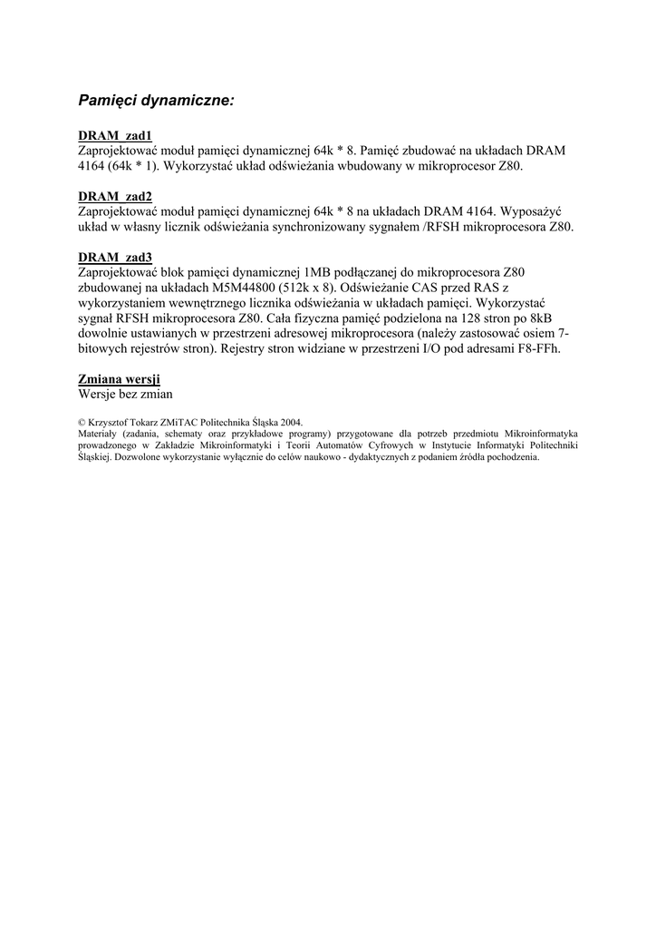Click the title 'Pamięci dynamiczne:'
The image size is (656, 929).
click(x=156, y=100)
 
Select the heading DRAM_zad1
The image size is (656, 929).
click(x=115, y=136)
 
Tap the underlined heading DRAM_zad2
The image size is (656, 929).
click(x=115, y=197)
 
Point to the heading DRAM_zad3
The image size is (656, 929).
click(x=115, y=258)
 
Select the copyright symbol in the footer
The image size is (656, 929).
click(x=82, y=422)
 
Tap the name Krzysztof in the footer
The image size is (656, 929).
click(x=111, y=422)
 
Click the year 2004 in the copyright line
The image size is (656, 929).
click(x=291, y=422)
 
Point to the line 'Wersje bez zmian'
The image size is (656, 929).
click(x=125, y=395)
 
